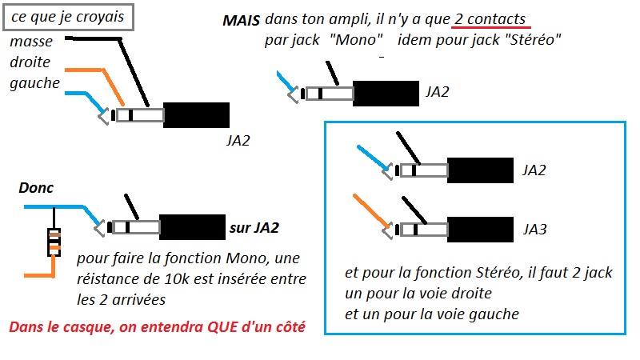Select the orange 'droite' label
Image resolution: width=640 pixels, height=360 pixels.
[x=31, y=62]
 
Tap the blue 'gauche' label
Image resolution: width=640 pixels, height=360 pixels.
[x=34, y=82]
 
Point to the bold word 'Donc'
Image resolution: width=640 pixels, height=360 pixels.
[x=35, y=189]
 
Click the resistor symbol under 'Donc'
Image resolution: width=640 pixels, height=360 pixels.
[x=54, y=242]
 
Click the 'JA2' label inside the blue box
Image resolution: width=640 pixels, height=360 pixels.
[x=534, y=171]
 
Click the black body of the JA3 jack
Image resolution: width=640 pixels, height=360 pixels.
[x=479, y=229]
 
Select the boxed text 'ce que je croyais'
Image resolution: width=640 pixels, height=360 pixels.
[x=67, y=15]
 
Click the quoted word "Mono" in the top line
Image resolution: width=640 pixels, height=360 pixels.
[x=354, y=41]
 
